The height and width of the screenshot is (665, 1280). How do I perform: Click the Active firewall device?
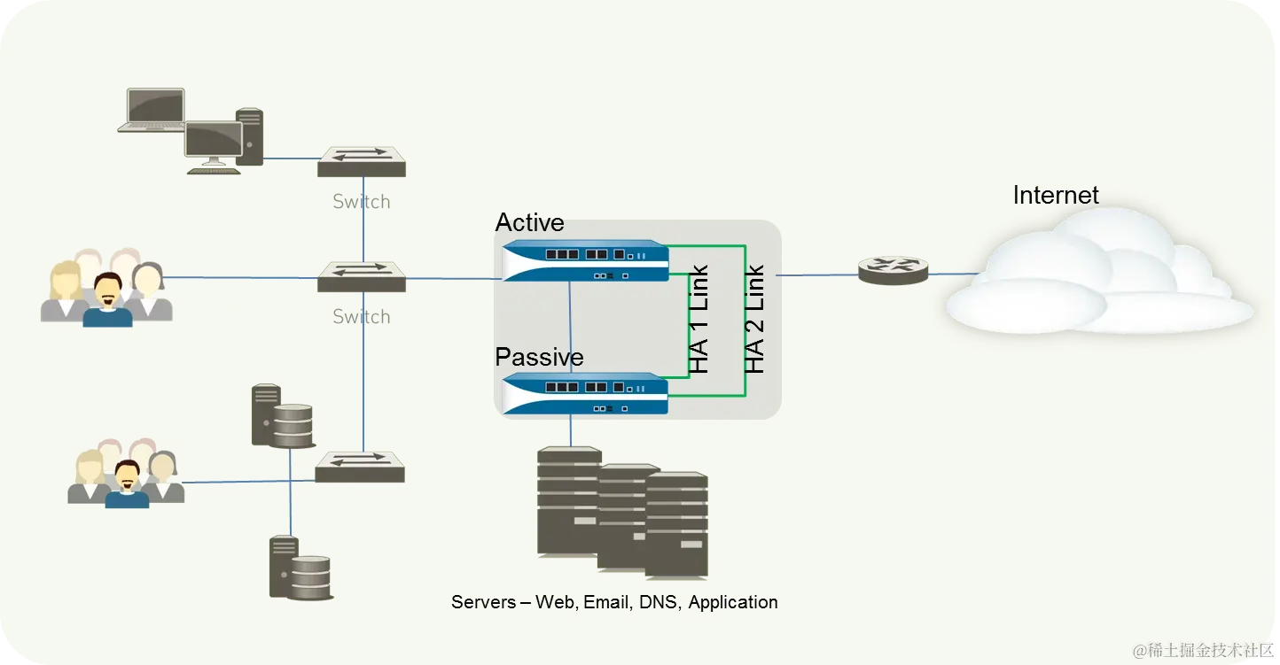(x=585, y=260)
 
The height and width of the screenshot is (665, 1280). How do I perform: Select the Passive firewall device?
(x=585, y=393)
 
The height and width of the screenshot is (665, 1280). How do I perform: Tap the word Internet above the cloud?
(x=1056, y=195)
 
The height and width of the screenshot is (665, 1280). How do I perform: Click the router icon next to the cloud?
(x=893, y=269)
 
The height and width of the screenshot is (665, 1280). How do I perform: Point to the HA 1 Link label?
(x=699, y=319)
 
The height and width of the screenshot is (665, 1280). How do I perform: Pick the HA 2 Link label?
(x=754, y=319)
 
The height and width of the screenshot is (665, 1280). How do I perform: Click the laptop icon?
(x=152, y=110)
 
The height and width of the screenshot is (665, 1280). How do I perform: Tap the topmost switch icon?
(x=362, y=161)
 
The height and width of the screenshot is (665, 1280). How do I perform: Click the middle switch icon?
(x=362, y=276)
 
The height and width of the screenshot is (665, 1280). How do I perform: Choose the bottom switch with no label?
(x=360, y=466)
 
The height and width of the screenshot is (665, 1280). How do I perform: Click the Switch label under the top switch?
(x=362, y=202)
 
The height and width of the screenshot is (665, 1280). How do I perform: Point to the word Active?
(x=529, y=222)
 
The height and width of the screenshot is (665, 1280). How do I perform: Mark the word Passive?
(x=539, y=357)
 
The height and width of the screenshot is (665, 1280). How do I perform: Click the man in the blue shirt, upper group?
(x=107, y=300)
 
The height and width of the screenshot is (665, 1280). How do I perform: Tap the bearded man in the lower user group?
(x=127, y=483)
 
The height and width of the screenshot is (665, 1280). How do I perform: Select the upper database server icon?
(x=283, y=416)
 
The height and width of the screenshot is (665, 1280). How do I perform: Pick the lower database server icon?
(x=300, y=568)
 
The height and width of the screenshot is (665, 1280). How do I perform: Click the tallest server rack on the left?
(x=568, y=501)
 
